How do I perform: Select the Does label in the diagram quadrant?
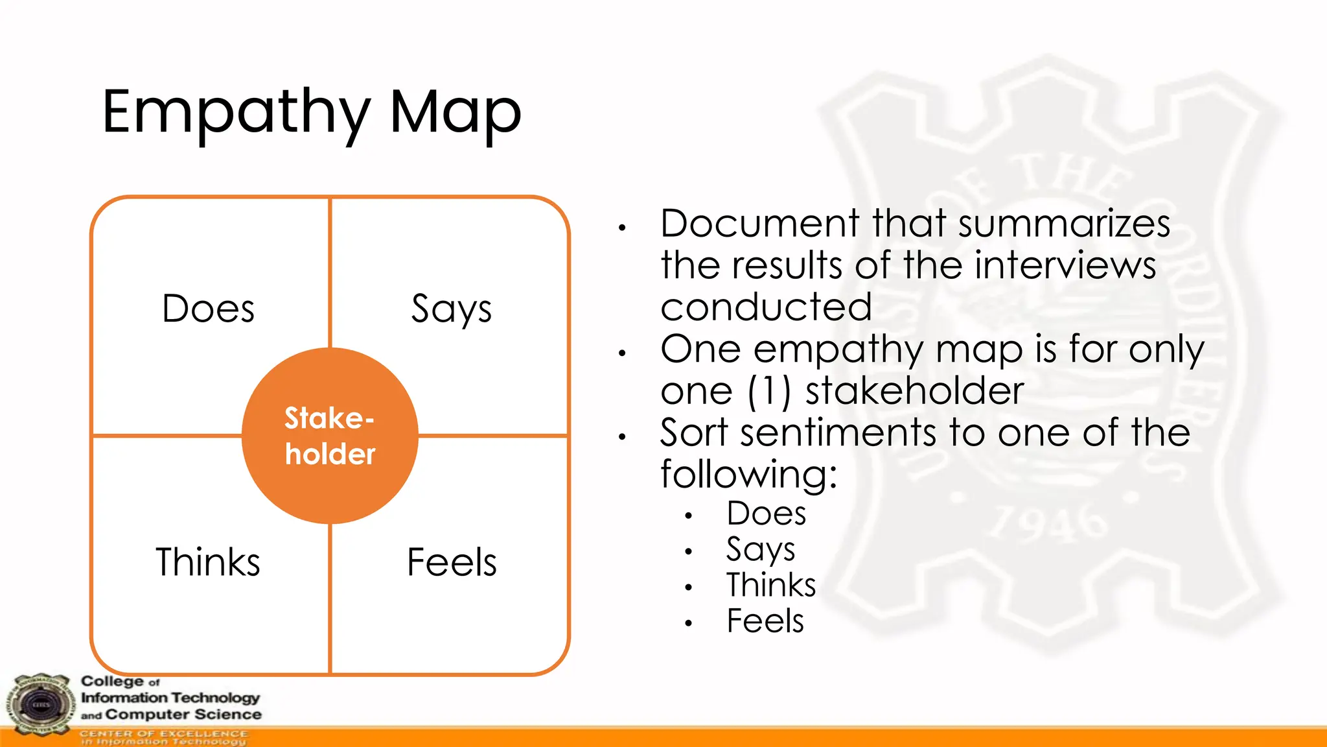point(208,309)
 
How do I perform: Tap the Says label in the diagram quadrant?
point(452,309)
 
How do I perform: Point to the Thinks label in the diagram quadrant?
point(208,562)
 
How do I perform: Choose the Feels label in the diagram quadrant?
point(452,562)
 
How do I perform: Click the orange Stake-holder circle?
point(330,436)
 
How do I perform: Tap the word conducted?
point(766,307)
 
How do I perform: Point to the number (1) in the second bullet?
point(769,391)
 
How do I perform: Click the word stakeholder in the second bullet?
point(914,391)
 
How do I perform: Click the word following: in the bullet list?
point(749,474)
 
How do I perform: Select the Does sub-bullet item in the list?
point(767,514)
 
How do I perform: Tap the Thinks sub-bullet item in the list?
point(771,585)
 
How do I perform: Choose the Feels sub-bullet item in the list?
point(765,621)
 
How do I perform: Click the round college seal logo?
point(40,705)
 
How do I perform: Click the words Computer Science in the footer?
point(183,715)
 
